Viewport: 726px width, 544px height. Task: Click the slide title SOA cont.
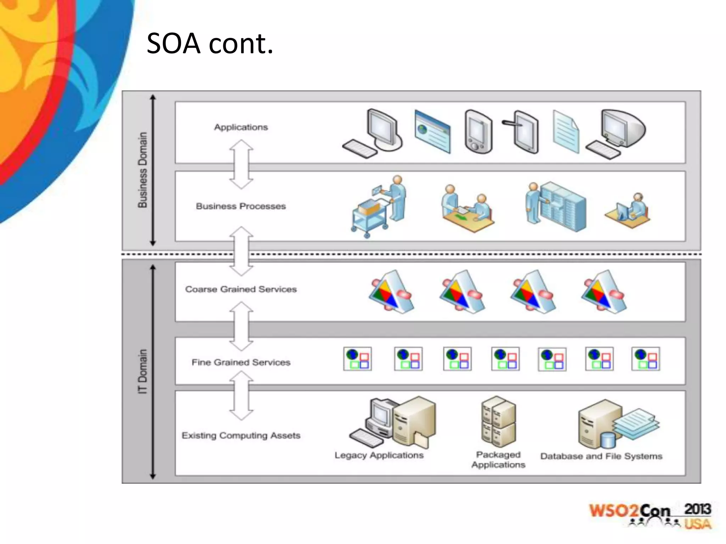pyautogui.click(x=210, y=44)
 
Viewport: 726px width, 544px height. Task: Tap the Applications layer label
pyautogui.click(x=241, y=127)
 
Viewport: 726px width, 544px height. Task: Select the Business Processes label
pyautogui.click(x=241, y=206)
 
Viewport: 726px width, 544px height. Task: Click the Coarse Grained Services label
pyautogui.click(x=241, y=289)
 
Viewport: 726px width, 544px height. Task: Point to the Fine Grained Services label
pyautogui.click(x=241, y=362)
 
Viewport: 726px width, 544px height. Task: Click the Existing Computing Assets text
pyautogui.click(x=241, y=435)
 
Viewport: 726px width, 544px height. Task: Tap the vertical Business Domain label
pyautogui.click(x=142, y=170)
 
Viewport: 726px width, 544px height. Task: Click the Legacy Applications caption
pyautogui.click(x=379, y=455)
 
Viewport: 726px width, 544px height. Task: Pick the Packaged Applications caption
pyautogui.click(x=498, y=460)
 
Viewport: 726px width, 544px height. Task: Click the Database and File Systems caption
pyautogui.click(x=601, y=456)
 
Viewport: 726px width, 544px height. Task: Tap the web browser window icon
pyautogui.click(x=432, y=131)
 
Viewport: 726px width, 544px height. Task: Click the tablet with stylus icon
pyautogui.click(x=523, y=131)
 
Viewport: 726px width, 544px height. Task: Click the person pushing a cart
pyautogui.click(x=379, y=207)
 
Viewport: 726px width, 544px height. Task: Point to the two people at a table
pyautogui.click(x=467, y=209)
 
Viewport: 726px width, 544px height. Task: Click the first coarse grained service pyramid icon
pyautogui.click(x=391, y=292)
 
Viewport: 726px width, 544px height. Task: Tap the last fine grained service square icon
pyautogui.click(x=646, y=359)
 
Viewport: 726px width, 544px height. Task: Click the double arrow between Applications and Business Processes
pyautogui.click(x=241, y=164)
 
